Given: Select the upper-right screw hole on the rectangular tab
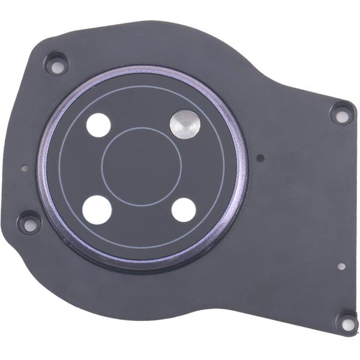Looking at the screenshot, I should pyautogui.click(x=341, y=112).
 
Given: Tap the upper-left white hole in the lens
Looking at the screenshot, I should pyautogui.click(x=98, y=125).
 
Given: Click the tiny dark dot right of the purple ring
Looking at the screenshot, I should pyautogui.click(x=260, y=159).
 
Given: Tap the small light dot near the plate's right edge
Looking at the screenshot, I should pyautogui.click(x=341, y=267).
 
